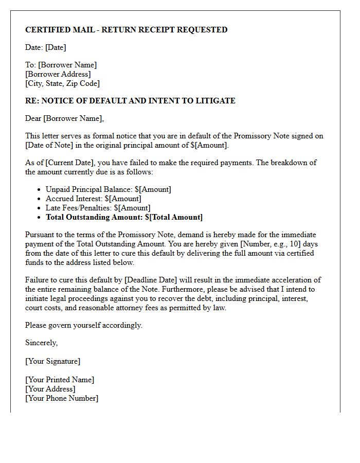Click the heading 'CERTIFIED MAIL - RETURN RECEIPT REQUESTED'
point(126,30)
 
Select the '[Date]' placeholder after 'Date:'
point(56,47)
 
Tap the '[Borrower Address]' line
point(58,74)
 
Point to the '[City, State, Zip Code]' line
point(62,83)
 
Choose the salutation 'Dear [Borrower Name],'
point(64,118)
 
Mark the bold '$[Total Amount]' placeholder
point(174,217)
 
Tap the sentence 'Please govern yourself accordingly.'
point(84,325)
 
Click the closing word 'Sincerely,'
point(42,343)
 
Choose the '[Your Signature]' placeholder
point(53,361)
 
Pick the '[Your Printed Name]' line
point(60,380)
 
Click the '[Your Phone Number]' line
point(62,398)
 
